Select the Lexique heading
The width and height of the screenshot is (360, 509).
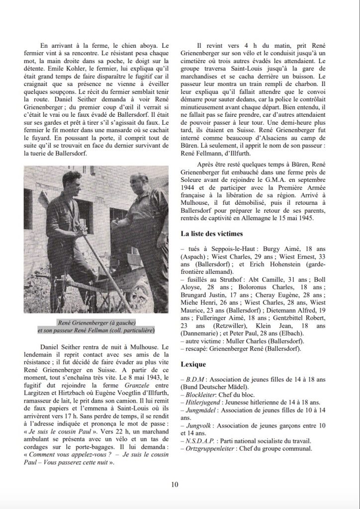[194, 363]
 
